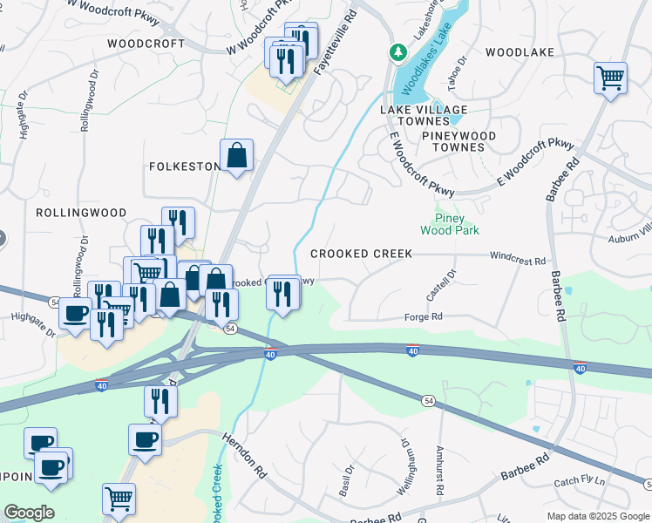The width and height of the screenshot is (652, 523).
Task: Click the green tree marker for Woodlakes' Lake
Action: coord(398,53)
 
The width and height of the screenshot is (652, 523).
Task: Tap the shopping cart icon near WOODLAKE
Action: coord(611,78)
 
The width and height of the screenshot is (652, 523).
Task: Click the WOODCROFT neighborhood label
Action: coord(146,44)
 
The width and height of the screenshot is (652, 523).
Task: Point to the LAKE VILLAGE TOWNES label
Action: coord(424,115)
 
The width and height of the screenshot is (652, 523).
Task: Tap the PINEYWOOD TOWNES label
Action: coord(458,141)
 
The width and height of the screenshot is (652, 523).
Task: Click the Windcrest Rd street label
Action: coord(517,260)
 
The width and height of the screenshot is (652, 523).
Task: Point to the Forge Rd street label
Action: coord(424,317)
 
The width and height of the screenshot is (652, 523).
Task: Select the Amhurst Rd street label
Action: coord(439,471)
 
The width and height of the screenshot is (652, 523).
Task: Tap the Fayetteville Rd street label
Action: coord(338,42)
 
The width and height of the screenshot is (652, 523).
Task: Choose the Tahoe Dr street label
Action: coord(457,66)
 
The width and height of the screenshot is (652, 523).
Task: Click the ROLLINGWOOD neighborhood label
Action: coord(81,213)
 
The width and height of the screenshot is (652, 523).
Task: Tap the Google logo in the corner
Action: coord(29,513)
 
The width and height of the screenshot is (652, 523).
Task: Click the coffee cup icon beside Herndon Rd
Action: coord(145,439)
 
